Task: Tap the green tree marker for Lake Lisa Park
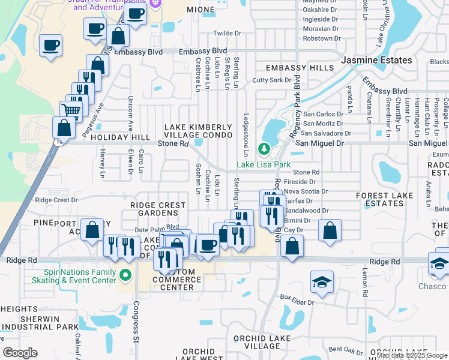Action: (x=263, y=148)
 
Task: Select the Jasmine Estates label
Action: (x=377, y=61)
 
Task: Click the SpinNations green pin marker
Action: (x=125, y=276)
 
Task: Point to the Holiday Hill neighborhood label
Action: (x=119, y=137)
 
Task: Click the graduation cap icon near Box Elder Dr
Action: (x=322, y=282)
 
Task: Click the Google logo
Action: (x=20, y=353)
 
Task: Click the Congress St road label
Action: (x=135, y=319)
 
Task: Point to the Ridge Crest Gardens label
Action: (x=158, y=209)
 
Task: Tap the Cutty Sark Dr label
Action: (x=271, y=80)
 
